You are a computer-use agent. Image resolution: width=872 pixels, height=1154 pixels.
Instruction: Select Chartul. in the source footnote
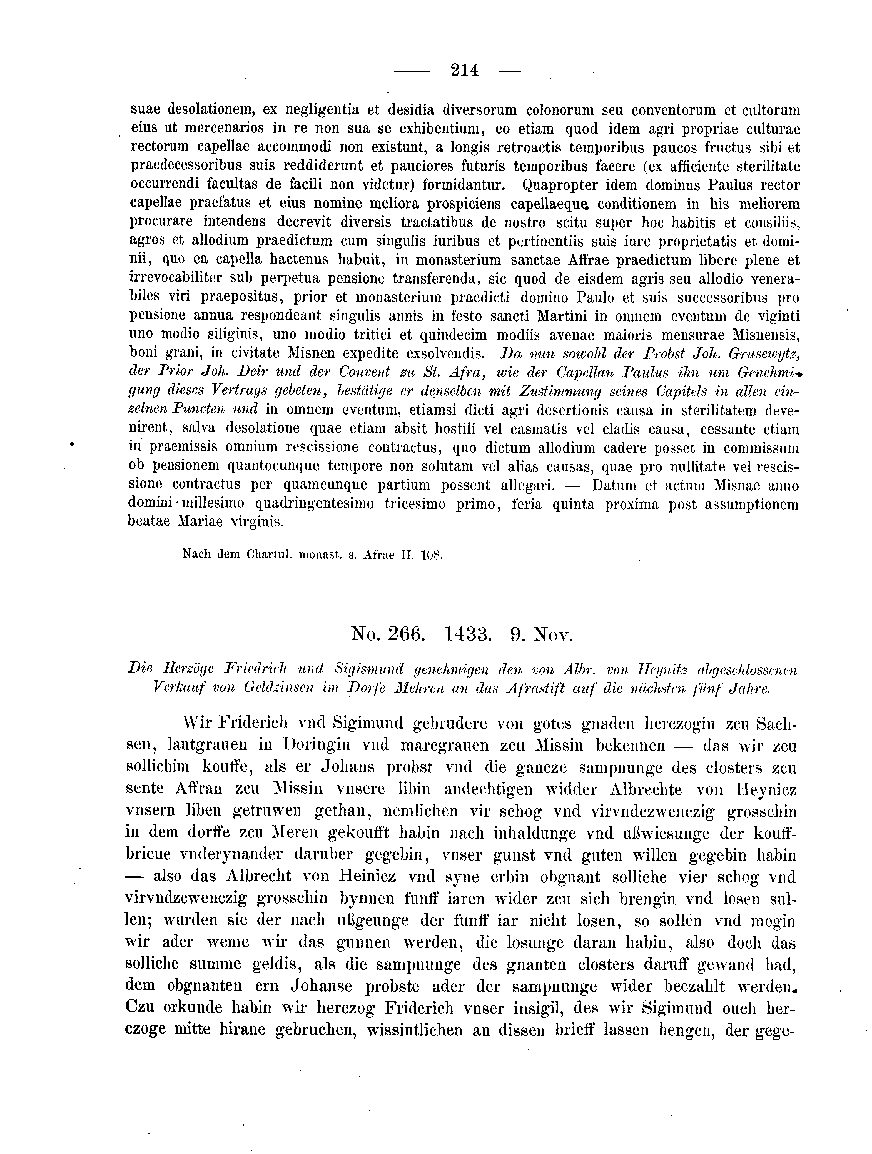[x=268, y=556]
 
